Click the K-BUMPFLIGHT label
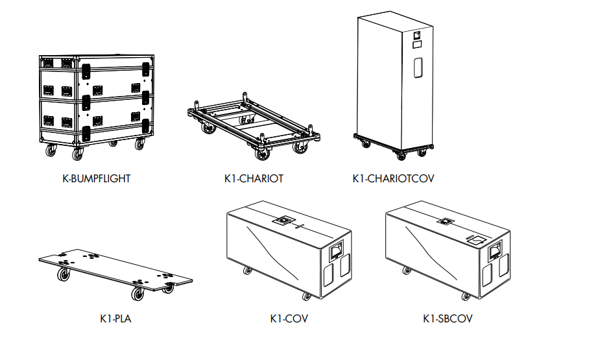coord(97,178)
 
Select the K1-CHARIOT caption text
coord(254,178)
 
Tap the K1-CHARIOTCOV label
coord(393,178)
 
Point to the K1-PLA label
coord(115,318)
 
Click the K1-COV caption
coord(289,318)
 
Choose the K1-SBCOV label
coord(448,318)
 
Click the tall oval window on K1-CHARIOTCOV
coord(418,68)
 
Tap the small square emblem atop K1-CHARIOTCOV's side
coord(417,36)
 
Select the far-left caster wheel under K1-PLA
coord(64,274)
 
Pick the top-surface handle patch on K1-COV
coord(283,220)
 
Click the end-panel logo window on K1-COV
coord(336,250)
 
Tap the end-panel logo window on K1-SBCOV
coord(495,250)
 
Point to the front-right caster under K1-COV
coord(306,296)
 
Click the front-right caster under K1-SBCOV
coord(465,296)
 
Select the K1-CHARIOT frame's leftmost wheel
coord(208,128)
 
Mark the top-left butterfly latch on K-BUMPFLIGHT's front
coord(86,71)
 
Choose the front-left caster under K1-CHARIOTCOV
coord(366,144)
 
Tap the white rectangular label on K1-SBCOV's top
coord(475,239)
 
